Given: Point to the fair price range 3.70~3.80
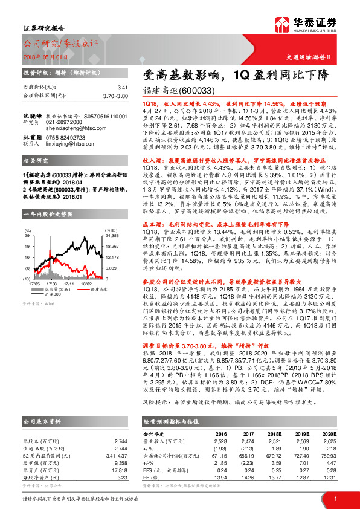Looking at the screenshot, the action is (115, 96).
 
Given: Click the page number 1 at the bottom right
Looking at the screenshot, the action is (335, 497).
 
